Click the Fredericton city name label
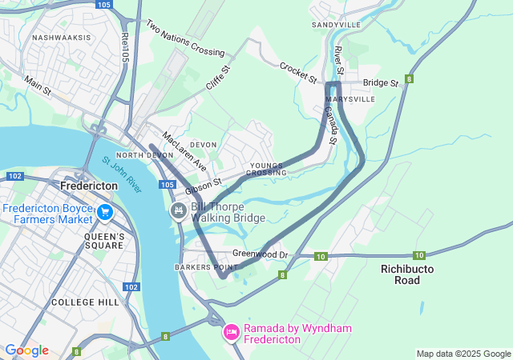click(89, 185)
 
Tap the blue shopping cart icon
click(105, 212)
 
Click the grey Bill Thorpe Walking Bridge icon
click(179, 211)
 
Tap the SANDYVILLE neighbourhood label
click(337, 26)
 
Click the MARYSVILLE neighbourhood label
click(351, 100)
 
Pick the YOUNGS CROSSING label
click(266, 169)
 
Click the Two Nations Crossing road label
click(185, 38)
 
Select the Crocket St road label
click(299, 72)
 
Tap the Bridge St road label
click(380, 82)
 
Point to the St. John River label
click(122, 174)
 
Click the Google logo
click(26, 350)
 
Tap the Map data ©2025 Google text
click(463, 354)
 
